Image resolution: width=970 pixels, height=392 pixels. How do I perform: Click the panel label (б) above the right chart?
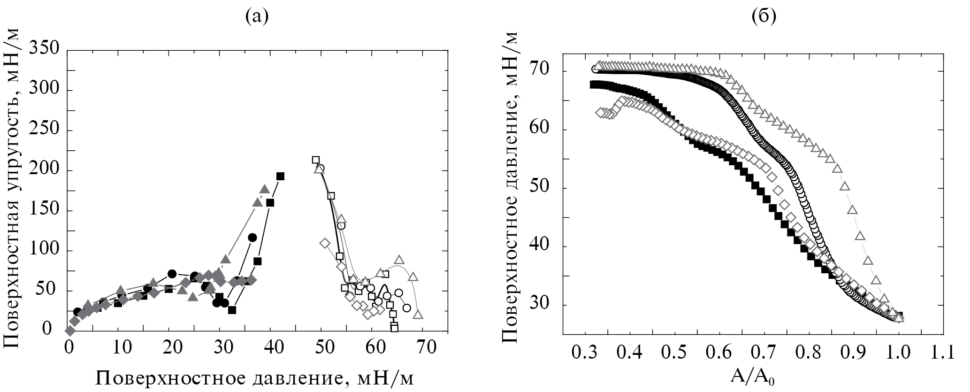tap(764, 17)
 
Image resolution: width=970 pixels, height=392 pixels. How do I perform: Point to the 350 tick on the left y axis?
tap(45, 49)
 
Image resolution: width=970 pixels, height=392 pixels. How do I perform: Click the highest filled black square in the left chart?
tap(281, 176)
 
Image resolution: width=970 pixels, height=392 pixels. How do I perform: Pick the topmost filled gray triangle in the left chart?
tap(265, 190)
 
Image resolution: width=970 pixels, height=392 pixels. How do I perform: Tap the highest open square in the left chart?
tap(316, 160)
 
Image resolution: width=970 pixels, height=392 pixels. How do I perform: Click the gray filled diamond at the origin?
tap(70, 331)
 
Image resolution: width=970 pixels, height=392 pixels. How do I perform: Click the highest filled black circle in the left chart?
tap(252, 238)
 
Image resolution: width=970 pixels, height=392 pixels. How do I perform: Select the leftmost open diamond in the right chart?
tap(600, 113)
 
